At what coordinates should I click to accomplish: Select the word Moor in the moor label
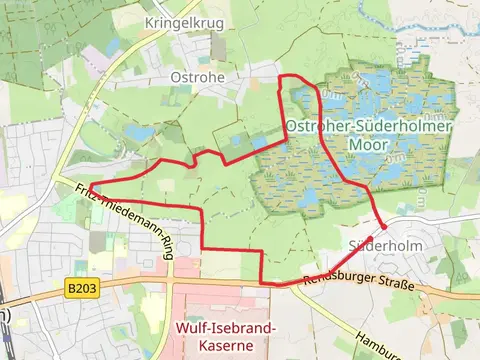368,144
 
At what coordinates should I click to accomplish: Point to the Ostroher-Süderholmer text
368,126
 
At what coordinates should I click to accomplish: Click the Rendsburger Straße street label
358,283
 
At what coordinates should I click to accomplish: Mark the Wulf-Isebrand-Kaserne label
226,336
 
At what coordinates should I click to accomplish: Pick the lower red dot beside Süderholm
383,228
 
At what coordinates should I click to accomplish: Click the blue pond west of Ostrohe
141,132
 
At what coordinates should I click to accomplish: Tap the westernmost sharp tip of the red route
93,183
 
